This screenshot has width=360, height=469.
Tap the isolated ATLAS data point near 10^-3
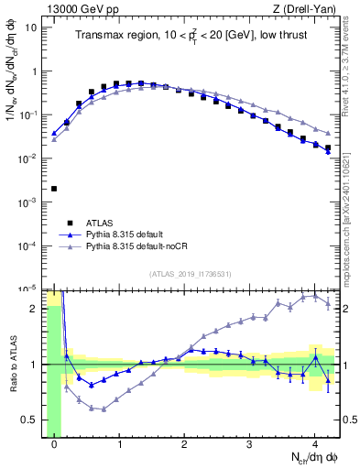pos(54,189)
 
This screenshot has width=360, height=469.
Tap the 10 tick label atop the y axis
pos(31,27)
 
